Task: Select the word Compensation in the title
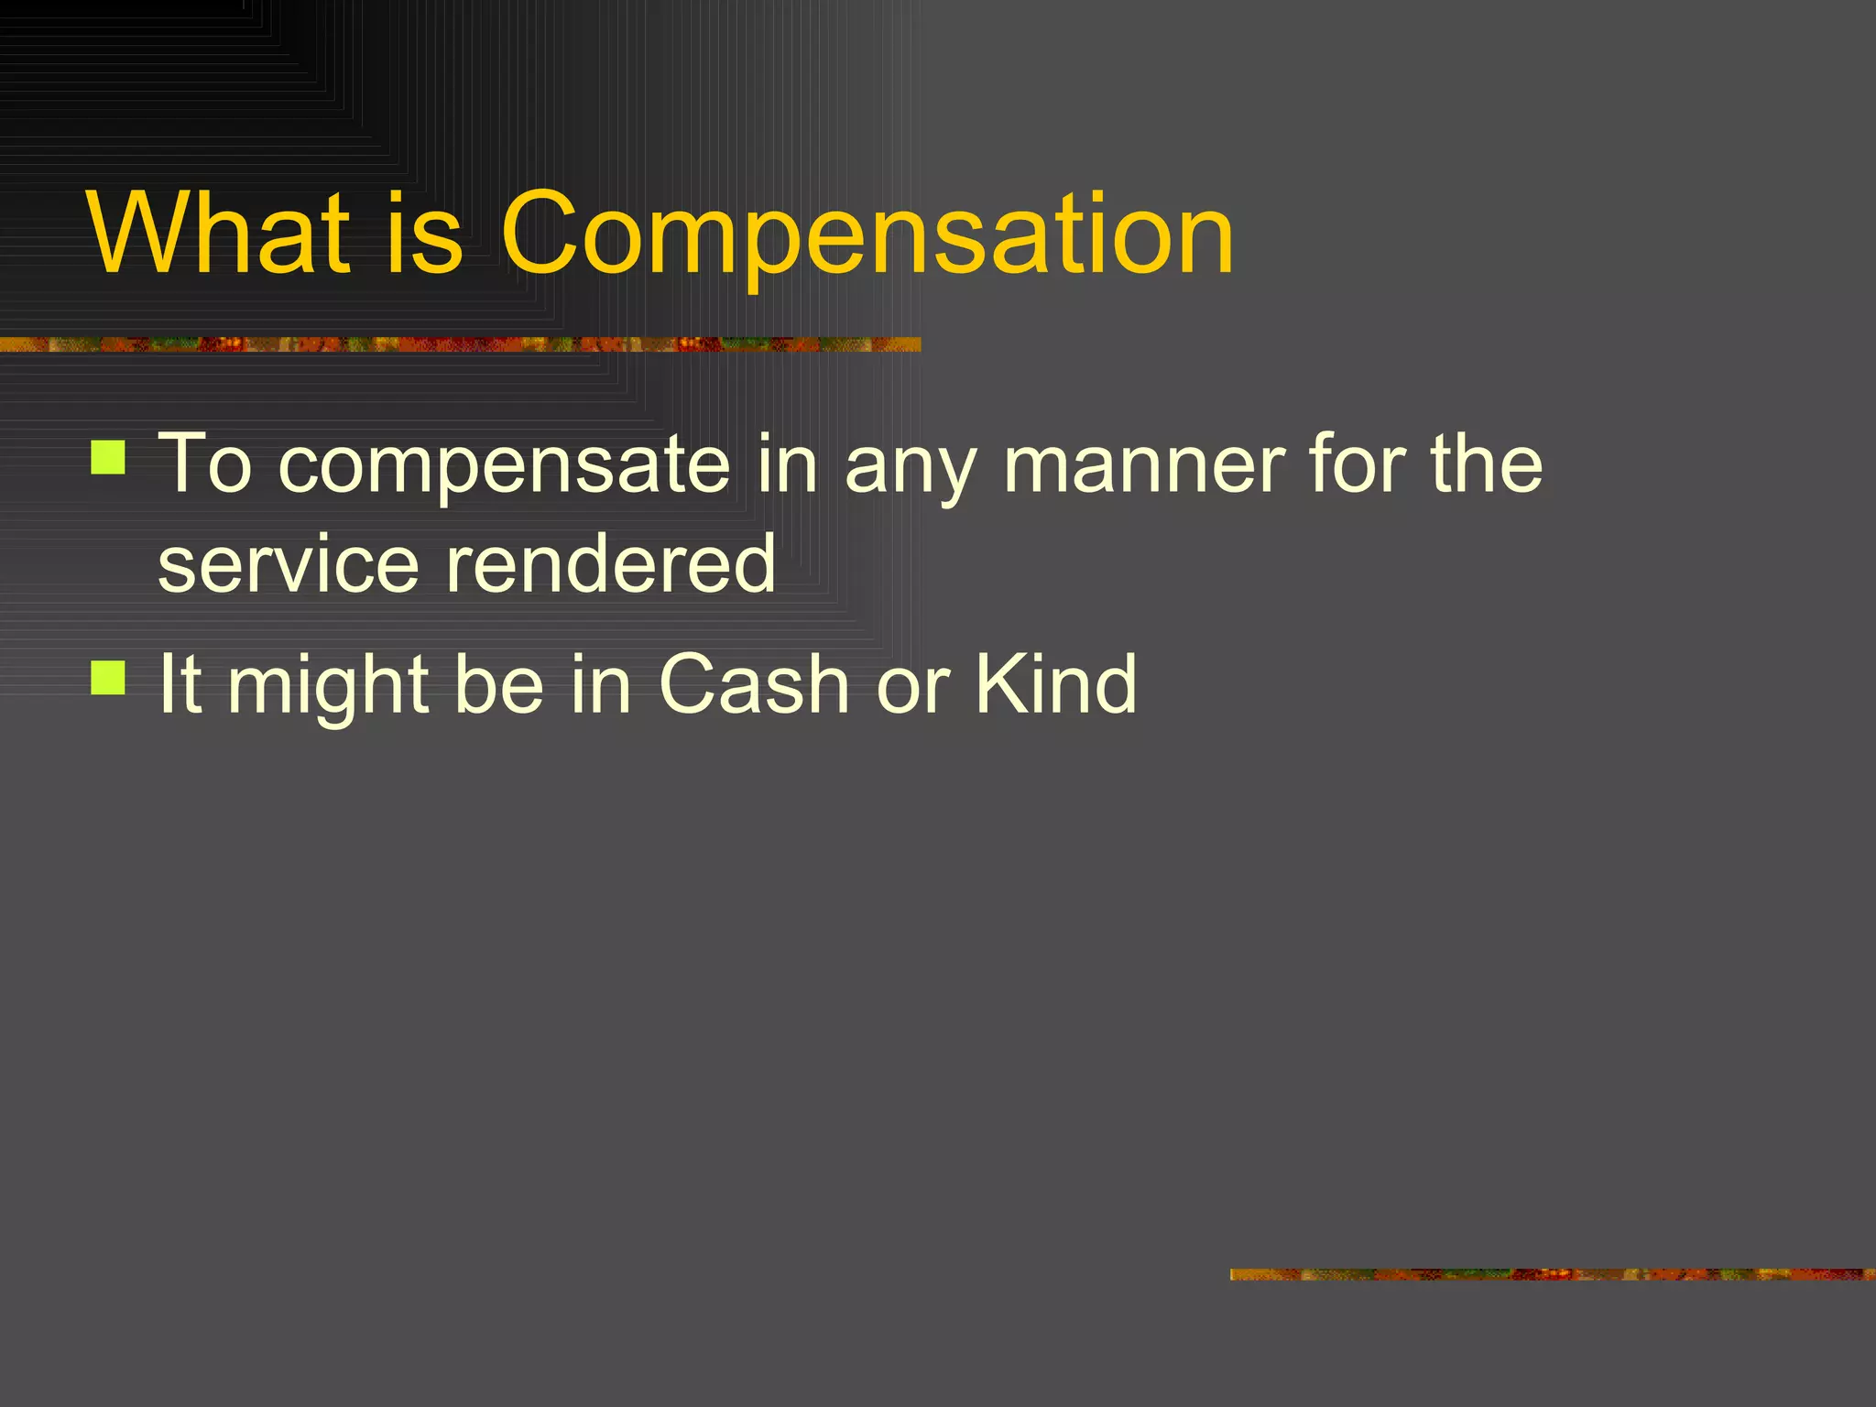click(x=867, y=236)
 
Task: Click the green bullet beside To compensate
click(x=108, y=457)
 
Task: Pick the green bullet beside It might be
click(x=108, y=678)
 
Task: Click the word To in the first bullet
click(x=205, y=464)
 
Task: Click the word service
click(x=288, y=564)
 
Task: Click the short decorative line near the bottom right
click(x=1552, y=1274)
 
